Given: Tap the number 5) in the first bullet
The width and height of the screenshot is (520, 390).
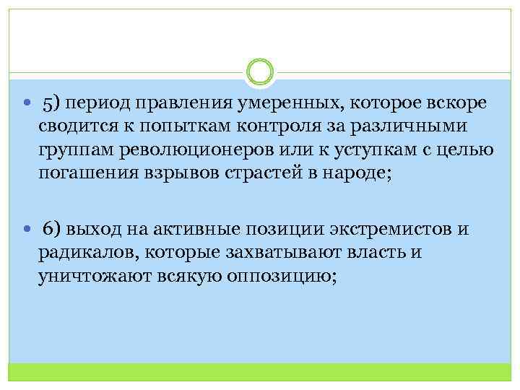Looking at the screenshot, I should [53, 103].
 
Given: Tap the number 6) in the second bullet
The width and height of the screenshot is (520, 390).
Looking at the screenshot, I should [53, 230].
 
